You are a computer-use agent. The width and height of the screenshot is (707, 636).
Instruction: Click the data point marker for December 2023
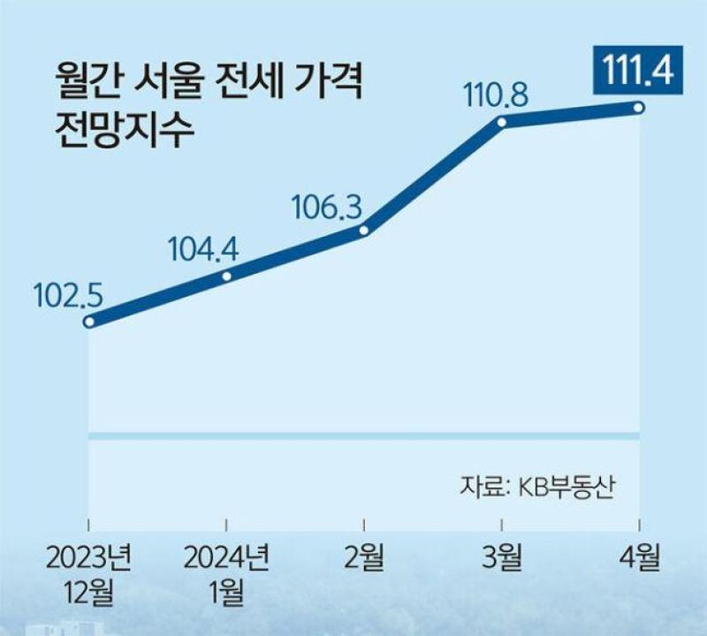tap(89, 322)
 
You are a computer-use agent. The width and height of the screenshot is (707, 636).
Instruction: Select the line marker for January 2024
tap(227, 276)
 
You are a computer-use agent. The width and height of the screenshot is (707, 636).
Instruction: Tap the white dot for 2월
tap(364, 231)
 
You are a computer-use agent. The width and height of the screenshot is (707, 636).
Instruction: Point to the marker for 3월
tap(501, 122)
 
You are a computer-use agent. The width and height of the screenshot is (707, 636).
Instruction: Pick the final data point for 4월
tap(638, 108)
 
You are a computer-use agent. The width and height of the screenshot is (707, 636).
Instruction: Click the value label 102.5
tap(68, 297)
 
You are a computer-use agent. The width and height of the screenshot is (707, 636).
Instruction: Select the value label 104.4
tap(203, 250)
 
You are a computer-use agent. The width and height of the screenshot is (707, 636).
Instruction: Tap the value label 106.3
tap(327, 208)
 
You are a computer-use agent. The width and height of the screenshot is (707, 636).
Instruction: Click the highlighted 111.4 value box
tap(638, 71)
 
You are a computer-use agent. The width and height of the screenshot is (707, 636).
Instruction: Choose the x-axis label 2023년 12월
tap(88, 575)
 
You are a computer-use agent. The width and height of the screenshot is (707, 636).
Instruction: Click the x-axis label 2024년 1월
tap(226, 575)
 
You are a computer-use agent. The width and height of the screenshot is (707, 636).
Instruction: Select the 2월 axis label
tap(364, 558)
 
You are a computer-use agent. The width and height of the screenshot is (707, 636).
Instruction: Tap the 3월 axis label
tap(501, 558)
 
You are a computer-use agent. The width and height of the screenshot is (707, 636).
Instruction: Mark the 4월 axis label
tap(639, 558)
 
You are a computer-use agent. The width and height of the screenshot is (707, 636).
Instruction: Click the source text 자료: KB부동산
tap(536, 488)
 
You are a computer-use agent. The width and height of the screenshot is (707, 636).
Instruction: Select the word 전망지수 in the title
tap(125, 130)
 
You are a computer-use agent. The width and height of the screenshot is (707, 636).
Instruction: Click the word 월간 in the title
tap(87, 81)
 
